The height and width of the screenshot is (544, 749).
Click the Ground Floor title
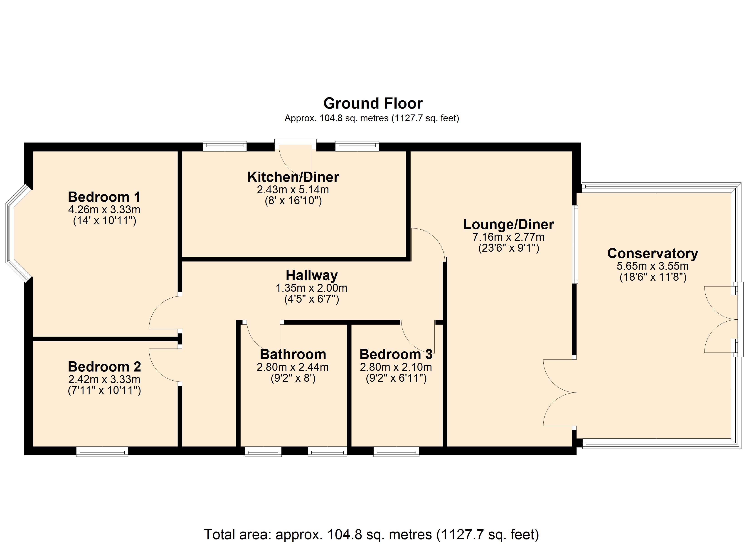(373, 104)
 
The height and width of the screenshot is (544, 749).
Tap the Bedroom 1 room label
(104, 197)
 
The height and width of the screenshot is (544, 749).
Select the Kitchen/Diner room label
(293, 177)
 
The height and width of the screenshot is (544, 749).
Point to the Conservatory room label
(653, 253)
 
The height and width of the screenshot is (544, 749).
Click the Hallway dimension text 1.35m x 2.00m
(311, 288)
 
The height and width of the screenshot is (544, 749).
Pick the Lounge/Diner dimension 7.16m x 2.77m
(509, 237)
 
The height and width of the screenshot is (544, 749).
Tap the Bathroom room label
(293, 354)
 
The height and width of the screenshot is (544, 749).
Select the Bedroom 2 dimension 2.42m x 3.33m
(104, 379)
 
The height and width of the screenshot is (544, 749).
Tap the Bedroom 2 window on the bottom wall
(102, 452)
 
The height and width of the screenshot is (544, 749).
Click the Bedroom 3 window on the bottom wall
(396, 452)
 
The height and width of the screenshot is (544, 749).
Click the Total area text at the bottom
(372, 534)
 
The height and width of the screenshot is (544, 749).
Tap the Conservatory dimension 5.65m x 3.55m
(653, 266)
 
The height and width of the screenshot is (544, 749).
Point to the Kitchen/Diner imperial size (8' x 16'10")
(293, 201)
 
